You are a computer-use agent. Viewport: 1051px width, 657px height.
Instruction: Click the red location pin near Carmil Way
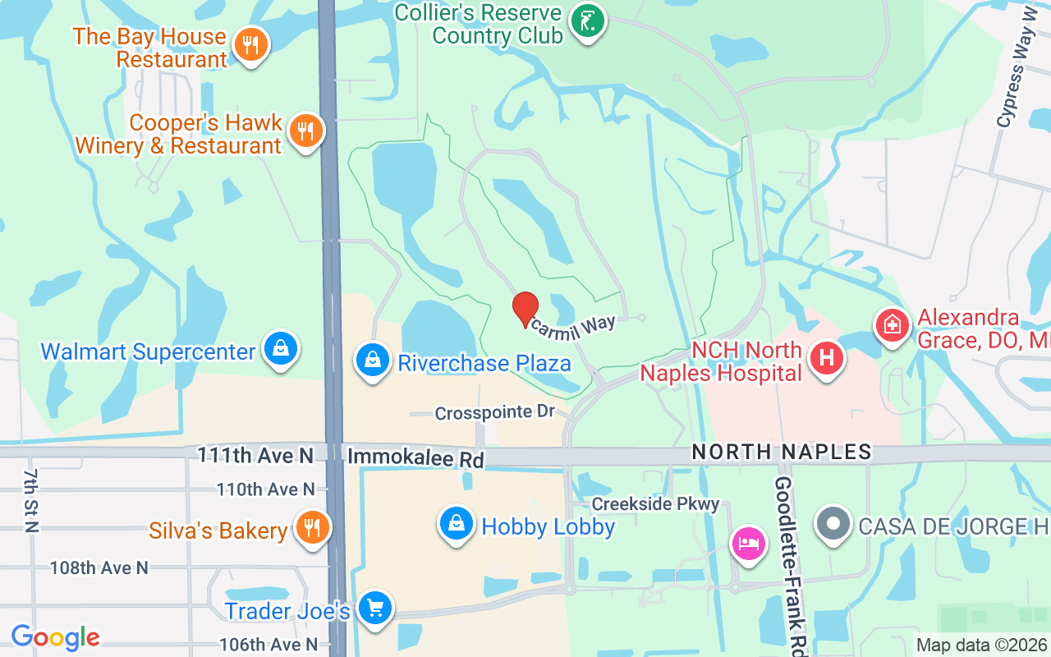[x=525, y=309]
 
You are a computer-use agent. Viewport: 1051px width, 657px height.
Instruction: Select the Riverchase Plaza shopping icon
[x=373, y=360]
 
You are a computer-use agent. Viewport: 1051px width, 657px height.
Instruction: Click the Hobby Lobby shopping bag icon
[x=457, y=523]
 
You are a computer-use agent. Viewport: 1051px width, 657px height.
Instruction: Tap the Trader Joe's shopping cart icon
[x=375, y=609]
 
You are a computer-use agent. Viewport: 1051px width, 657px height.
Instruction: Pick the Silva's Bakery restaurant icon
[x=311, y=527]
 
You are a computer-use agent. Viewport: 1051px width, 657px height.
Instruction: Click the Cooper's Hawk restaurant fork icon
[x=305, y=131]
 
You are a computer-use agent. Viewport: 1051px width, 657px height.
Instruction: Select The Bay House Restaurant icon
[x=251, y=44]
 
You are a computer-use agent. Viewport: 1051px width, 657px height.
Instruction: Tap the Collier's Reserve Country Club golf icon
[x=588, y=21]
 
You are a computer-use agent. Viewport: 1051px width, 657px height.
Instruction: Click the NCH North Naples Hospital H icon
[x=827, y=358]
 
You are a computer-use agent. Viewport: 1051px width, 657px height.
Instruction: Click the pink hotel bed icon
[x=749, y=543]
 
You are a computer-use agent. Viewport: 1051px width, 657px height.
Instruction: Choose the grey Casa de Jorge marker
[x=833, y=524]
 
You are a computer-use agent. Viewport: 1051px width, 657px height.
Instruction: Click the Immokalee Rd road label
[x=415, y=457]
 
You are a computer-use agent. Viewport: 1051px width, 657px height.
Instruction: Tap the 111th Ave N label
[x=255, y=454]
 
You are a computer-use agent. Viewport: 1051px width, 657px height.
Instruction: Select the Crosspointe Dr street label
[x=494, y=412]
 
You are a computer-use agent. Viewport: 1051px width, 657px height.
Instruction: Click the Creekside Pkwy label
[x=655, y=503]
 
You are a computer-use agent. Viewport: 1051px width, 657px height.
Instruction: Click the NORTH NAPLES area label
[x=781, y=451]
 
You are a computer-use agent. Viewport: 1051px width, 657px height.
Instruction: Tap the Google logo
[x=56, y=636]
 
